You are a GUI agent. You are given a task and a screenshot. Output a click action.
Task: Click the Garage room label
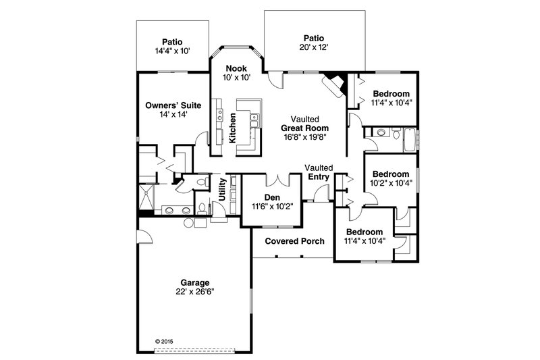(x=194, y=282)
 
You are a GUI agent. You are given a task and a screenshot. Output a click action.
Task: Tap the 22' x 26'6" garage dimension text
(x=194, y=292)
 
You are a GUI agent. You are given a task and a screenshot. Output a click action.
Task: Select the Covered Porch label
(x=294, y=241)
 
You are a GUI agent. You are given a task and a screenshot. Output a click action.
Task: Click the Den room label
(x=272, y=197)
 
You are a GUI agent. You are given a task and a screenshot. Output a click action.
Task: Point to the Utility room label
(x=222, y=190)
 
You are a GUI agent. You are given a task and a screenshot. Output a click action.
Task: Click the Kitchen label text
(x=232, y=128)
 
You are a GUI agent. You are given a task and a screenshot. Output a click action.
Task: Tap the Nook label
(x=236, y=68)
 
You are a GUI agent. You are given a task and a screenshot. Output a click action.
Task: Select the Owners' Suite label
(x=171, y=105)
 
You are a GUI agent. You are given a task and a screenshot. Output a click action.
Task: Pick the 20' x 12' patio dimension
(x=313, y=48)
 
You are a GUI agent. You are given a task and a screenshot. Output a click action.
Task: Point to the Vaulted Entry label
(x=318, y=172)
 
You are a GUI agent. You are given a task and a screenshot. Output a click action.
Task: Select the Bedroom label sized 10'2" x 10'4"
(x=391, y=173)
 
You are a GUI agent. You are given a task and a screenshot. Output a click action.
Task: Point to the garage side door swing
(x=144, y=236)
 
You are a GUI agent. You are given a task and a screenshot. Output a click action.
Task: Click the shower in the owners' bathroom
(x=148, y=199)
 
